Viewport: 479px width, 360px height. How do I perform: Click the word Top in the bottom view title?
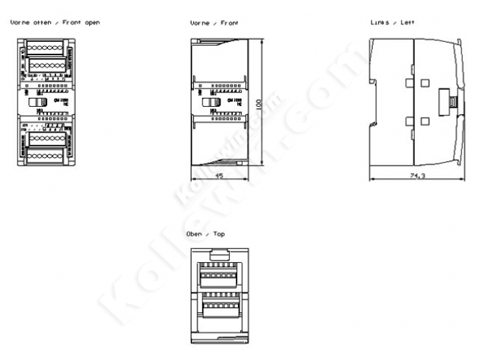pyautogui.click(x=219, y=233)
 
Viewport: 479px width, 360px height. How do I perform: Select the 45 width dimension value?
pyautogui.click(x=218, y=175)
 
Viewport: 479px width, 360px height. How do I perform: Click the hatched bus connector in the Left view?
pyautogui.click(x=447, y=102)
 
